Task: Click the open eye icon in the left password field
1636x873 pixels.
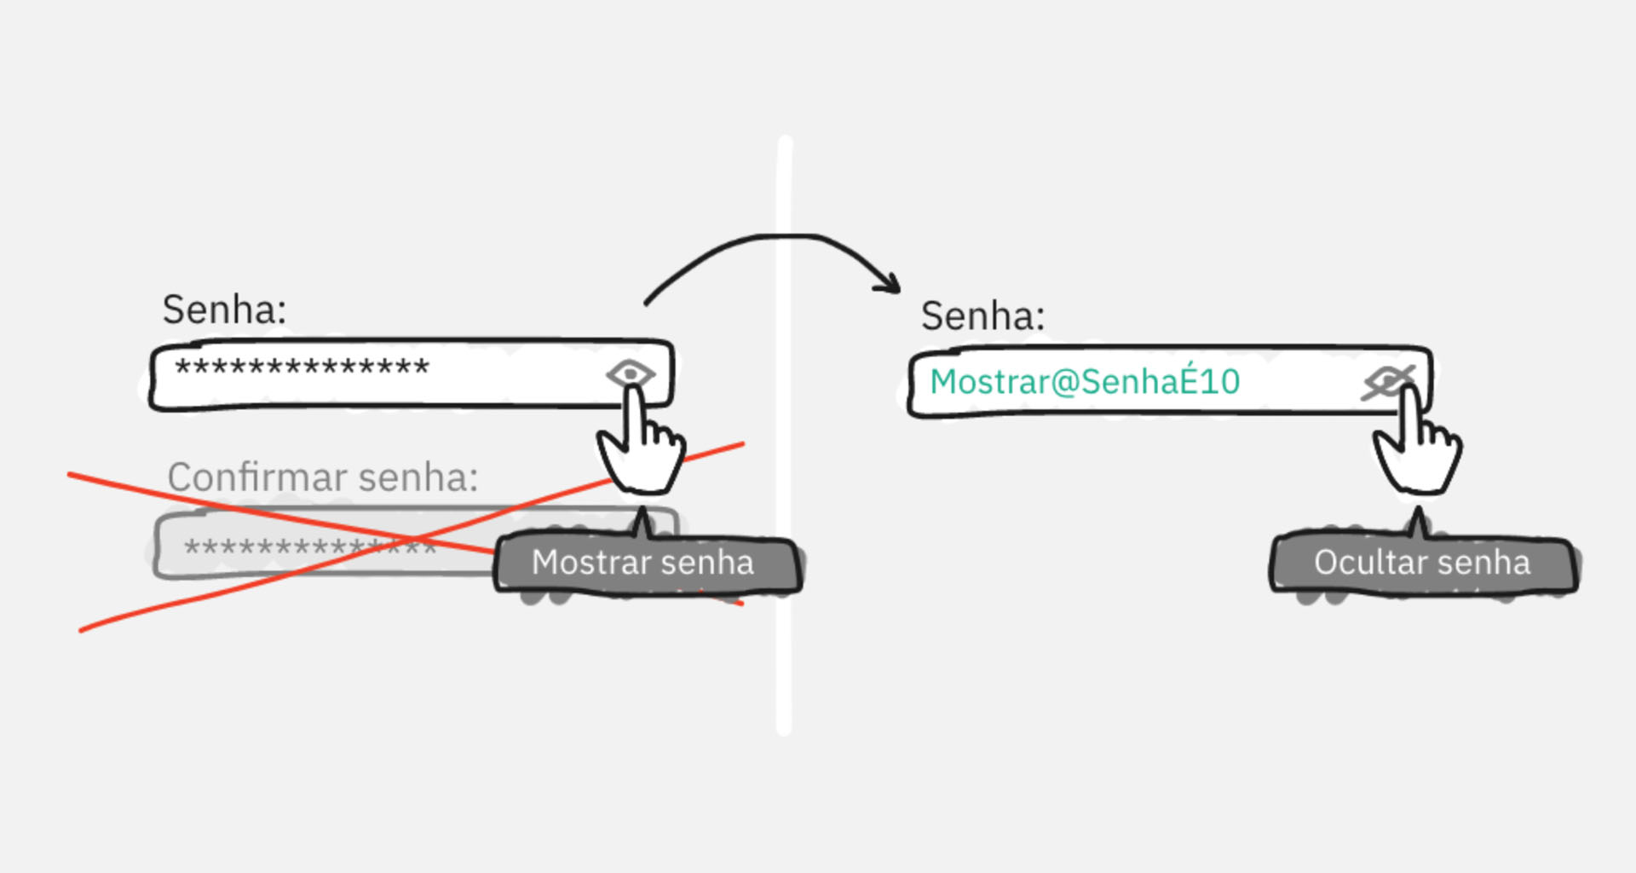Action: (630, 373)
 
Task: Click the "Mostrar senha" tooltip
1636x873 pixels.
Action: (644, 564)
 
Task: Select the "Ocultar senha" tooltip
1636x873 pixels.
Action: (1421, 564)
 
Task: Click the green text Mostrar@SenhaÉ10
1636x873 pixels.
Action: (1084, 382)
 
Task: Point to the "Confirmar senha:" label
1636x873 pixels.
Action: (322, 477)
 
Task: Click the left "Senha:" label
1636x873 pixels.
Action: (224, 309)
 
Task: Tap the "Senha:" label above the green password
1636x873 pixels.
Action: (982, 315)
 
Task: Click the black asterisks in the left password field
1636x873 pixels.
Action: (302, 368)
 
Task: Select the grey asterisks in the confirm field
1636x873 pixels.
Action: (310, 546)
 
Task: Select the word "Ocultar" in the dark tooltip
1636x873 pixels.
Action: (1364, 564)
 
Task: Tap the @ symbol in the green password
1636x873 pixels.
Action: (1064, 382)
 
